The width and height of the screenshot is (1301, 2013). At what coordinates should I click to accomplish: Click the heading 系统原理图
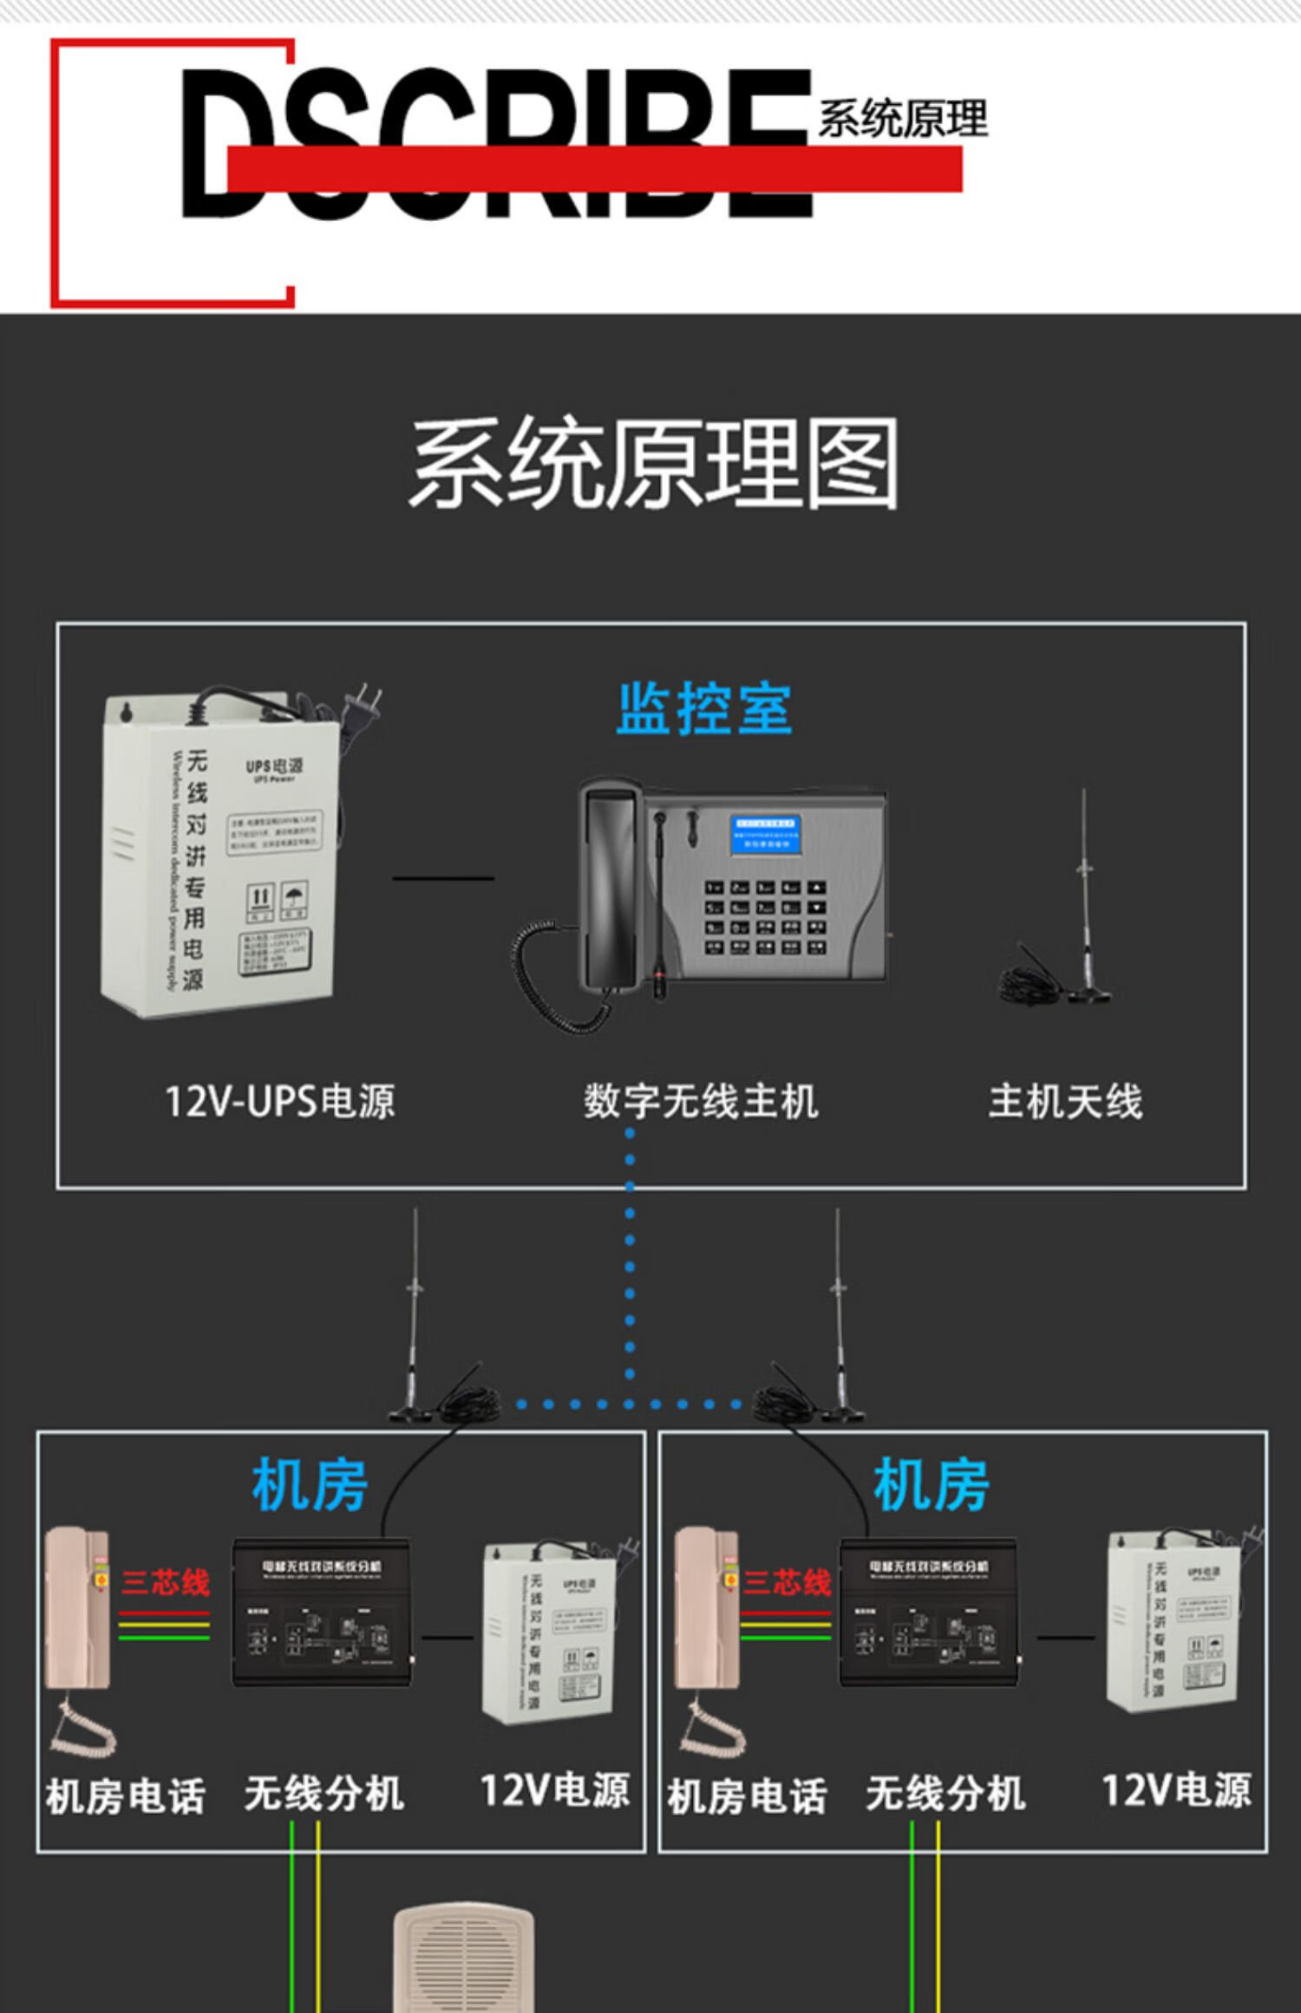[x=654, y=463]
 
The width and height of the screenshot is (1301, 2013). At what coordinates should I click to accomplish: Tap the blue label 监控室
[x=703, y=708]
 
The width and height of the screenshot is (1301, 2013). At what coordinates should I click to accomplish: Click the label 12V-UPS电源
[x=280, y=1101]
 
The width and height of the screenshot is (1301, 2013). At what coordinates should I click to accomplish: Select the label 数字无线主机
[x=701, y=1101]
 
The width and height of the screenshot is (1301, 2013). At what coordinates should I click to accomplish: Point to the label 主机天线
[x=1065, y=1101]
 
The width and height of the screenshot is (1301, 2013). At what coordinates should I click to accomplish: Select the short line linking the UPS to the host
[x=443, y=877]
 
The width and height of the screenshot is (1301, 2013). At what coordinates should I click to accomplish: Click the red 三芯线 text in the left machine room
[x=166, y=1582]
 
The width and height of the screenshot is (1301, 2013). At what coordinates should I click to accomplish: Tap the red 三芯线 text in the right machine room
[x=787, y=1582]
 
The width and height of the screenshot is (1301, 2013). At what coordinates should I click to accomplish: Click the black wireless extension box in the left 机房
[x=321, y=1612]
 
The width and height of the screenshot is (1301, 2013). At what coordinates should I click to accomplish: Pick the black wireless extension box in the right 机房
[x=928, y=1612]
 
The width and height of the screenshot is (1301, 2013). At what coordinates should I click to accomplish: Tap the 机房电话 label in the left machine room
[x=126, y=1796]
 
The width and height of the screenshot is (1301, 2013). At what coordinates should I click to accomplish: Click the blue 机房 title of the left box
[x=310, y=1484]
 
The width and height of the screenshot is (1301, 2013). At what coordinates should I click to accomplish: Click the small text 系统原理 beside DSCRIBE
[x=902, y=119]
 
